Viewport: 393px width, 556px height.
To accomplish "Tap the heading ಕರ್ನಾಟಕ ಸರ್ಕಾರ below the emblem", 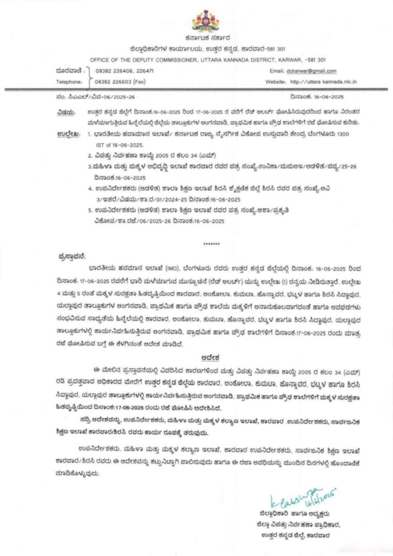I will (207, 39).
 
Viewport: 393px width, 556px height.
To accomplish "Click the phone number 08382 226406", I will (110, 71).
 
